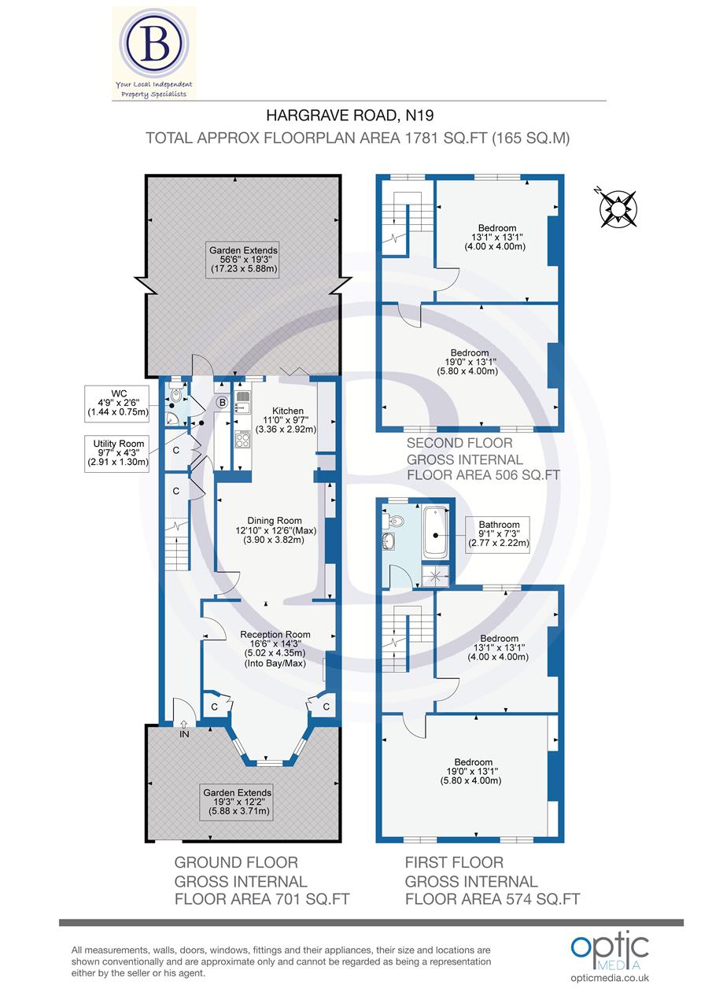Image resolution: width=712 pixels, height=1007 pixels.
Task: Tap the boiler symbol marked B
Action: pos(222,403)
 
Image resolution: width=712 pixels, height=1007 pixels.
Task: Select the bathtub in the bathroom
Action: pos(434,533)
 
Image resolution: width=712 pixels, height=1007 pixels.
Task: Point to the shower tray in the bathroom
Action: pos(434,577)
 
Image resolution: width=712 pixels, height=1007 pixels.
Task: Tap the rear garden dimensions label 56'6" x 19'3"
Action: pos(243,260)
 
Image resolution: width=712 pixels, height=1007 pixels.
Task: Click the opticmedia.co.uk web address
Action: pos(610,978)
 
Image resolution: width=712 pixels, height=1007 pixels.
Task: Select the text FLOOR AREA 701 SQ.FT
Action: pos(261,898)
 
